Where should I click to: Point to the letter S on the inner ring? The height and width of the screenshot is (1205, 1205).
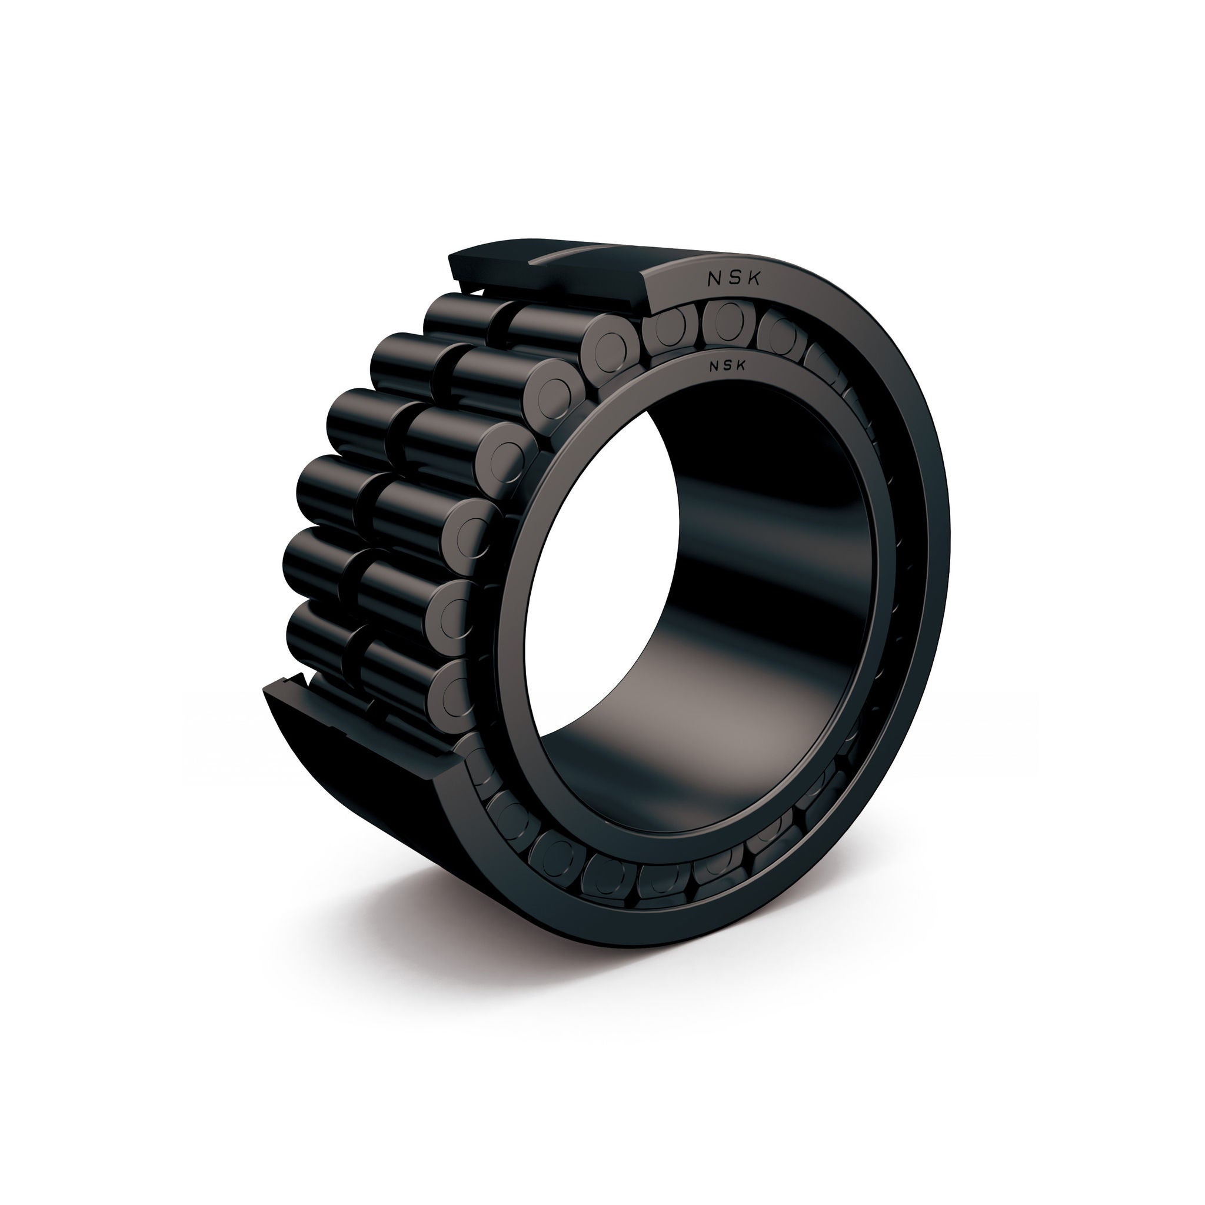coord(728,366)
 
